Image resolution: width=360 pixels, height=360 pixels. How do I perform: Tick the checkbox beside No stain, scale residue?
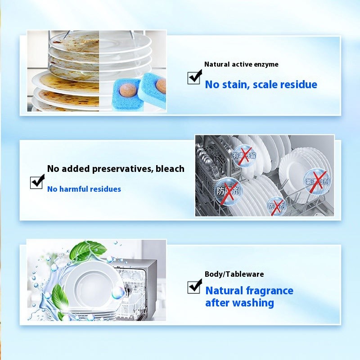point(194,77)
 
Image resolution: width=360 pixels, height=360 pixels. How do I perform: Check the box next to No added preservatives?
point(37,182)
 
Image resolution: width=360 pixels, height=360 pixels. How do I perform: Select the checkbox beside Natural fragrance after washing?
point(194,286)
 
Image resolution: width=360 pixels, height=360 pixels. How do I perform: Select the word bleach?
point(170,169)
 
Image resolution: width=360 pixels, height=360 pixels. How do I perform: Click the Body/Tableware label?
point(234,274)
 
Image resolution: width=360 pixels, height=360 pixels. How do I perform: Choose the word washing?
point(253,303)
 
